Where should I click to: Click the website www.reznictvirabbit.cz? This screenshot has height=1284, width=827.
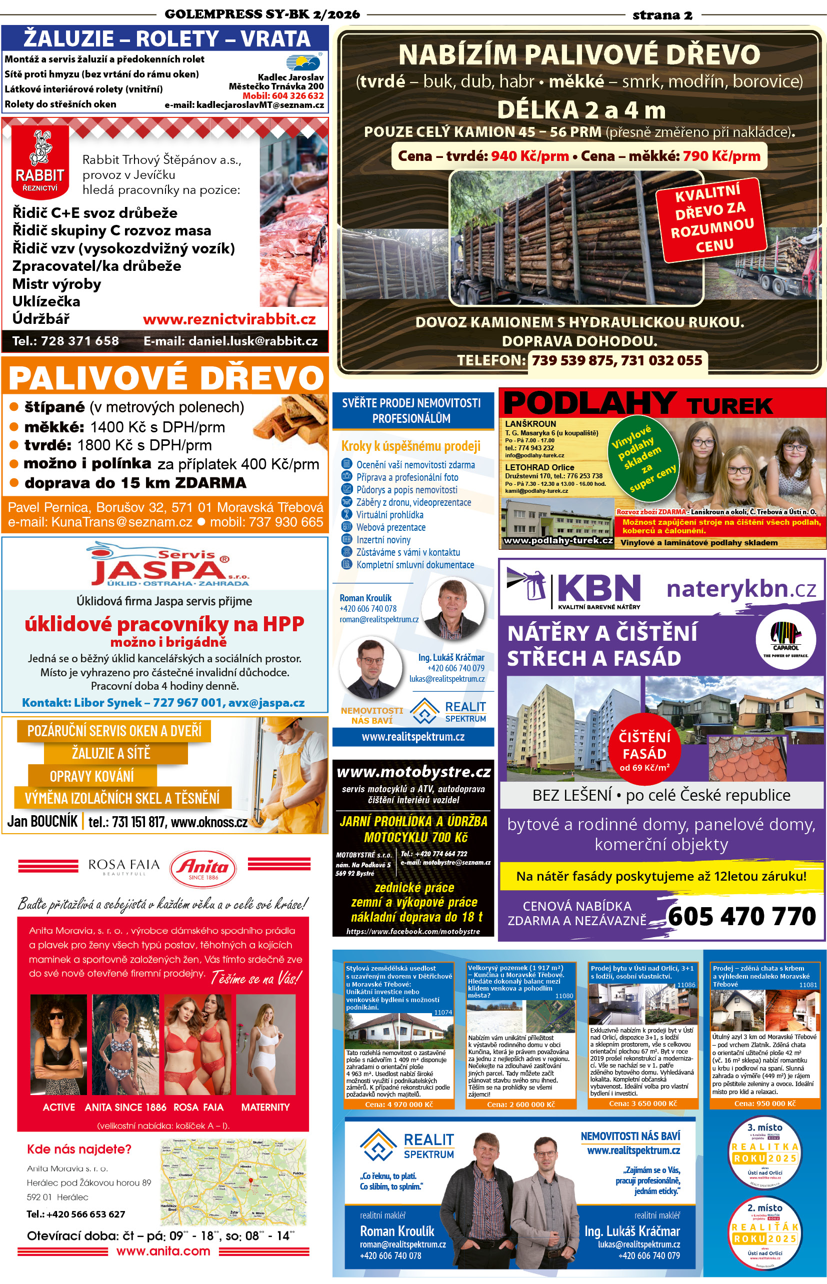coord(229,319)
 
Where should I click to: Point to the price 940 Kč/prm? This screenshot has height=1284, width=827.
coord(529,156)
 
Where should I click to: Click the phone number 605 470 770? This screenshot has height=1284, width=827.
coord(742,916)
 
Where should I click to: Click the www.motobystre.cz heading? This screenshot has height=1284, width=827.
coord(413,772)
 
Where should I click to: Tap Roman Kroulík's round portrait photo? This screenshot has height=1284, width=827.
coord(452,607)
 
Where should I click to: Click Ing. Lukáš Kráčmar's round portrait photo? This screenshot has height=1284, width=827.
coord(371,668)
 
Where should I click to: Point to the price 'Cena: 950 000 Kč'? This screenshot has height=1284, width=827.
coord(764,1104)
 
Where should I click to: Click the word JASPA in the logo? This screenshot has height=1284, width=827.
coord(159,571)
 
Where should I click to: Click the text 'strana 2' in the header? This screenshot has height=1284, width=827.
coord(662,15)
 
